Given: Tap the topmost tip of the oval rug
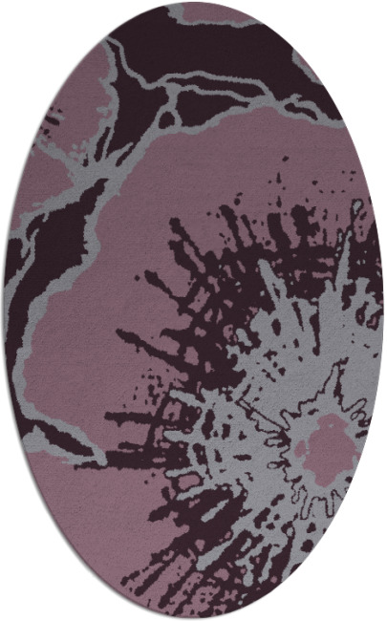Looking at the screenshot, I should click(194, 2).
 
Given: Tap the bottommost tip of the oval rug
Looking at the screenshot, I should click(194, 618).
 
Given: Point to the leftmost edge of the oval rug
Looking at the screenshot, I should click(4, 310).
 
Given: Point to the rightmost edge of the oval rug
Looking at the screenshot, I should click(383, 310).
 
